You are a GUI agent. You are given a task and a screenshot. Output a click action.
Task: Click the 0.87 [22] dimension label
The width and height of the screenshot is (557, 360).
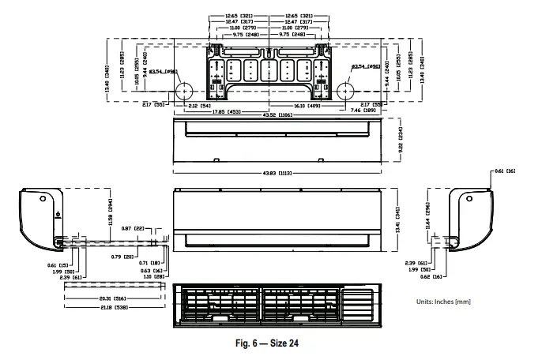[139, 228]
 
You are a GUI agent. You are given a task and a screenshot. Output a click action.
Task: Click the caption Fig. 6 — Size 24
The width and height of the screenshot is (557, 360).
[267, 343]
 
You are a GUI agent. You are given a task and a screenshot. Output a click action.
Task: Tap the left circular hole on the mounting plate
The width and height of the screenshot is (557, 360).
[183, 89]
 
